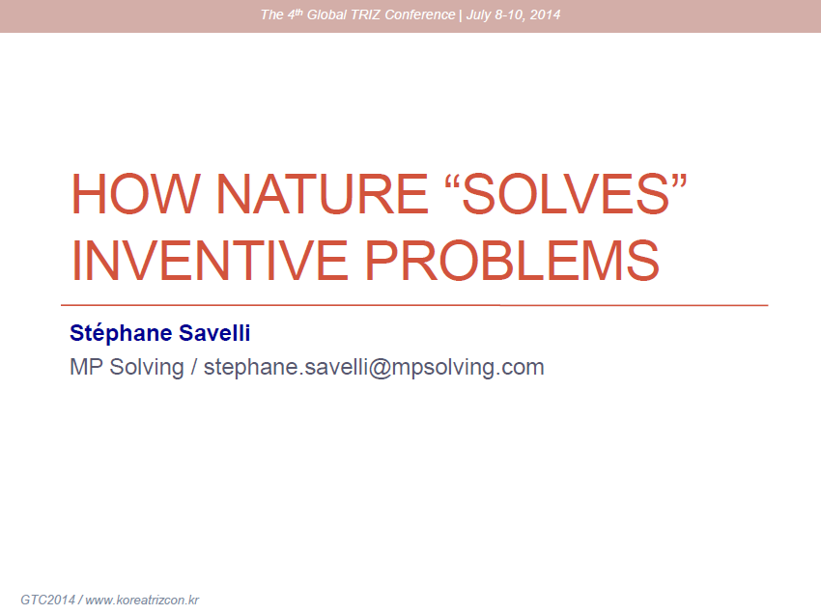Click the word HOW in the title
pos(135,194)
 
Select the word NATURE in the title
pos(322,194)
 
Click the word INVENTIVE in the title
pos(209,260)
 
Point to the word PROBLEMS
pos(512,260)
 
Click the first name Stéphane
pos(121,333)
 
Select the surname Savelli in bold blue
pos(214,333)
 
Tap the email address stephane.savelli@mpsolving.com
pos(374,368)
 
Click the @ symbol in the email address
pos(381,368)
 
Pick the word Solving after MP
pos(147,368)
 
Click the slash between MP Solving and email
pos(194,367)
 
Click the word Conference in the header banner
pos(420,14)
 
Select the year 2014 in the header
pos(545,14)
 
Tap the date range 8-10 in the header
pos(511,14)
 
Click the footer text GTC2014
pos(47,600)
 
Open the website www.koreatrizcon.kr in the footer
pos(142,601)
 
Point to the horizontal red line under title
pos(414,305)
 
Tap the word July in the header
pos(478,15)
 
